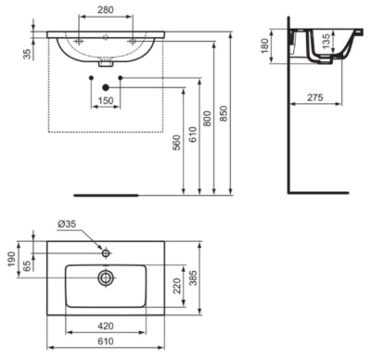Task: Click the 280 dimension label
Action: (106, 10)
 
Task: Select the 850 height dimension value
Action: (224, 113)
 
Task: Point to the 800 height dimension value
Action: (208, 119)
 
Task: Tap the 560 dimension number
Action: (176, 142)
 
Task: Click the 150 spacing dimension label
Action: (106, 100)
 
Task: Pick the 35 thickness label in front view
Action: (27, 54)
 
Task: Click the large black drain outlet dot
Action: (106, 87)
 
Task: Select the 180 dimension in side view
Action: (265, 45)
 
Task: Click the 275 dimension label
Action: (315, 97)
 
